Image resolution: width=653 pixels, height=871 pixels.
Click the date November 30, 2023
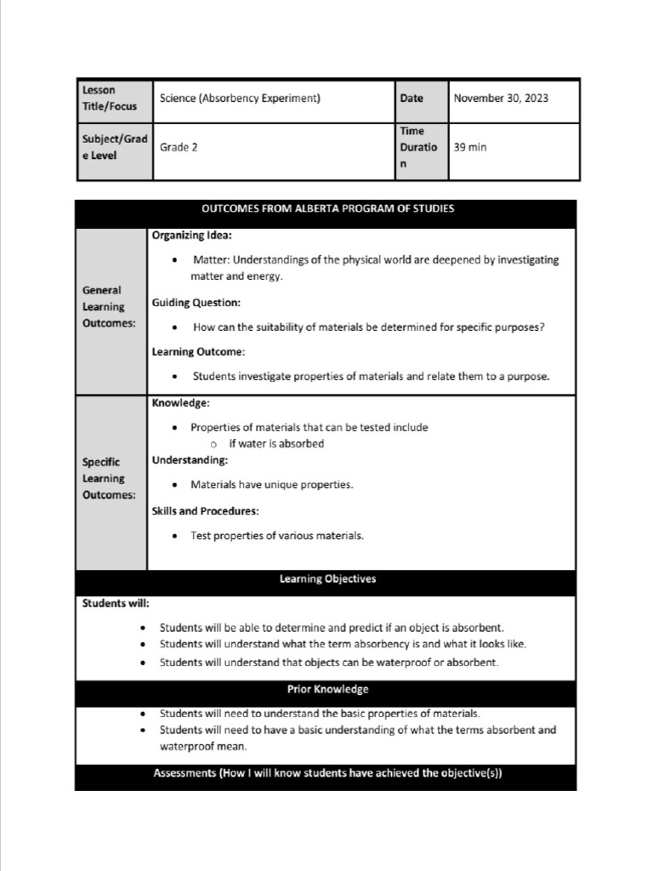(500, 98)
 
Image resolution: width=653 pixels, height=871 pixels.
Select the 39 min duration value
(470, 147)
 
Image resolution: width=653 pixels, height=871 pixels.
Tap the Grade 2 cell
(179, 147)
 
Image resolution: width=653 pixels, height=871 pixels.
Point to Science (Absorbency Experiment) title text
(240, 98)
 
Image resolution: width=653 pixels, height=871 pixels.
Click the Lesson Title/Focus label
(109, 98)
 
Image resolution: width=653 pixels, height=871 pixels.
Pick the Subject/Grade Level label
(114, 147)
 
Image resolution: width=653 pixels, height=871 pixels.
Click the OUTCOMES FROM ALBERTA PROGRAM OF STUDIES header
(327, 209)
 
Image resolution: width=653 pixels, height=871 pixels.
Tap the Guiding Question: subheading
(196, 302)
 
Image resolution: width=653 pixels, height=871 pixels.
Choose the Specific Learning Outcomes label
(108, 479)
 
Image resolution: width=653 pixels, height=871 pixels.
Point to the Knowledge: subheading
(180, 402)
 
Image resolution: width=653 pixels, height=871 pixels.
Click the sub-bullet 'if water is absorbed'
(275, 443)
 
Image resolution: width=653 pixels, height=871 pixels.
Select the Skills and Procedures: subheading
(205, 511)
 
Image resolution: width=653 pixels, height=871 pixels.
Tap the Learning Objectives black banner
(327, 579)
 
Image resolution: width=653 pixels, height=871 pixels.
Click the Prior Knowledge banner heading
(327, 689)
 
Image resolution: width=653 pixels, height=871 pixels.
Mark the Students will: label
(116, 603)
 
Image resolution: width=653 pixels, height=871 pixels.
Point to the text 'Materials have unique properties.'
(271, 485)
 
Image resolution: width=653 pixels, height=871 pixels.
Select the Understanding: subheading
(190, 460)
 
